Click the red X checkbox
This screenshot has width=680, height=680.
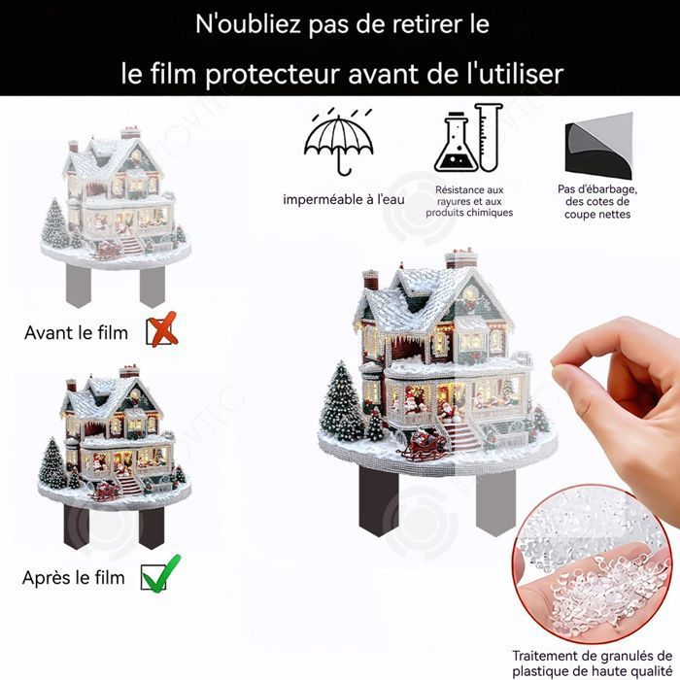tap(161, 331)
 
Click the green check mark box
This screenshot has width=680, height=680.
tap(159, 575)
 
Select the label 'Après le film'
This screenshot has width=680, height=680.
tap(74, 578)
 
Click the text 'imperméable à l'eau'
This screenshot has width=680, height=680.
tap(343, 199)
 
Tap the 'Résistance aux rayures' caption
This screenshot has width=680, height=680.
tap(469, 201)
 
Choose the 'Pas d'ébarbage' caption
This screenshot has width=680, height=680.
tap(596, 202)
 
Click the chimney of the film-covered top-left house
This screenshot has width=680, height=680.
tap(129, 133)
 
